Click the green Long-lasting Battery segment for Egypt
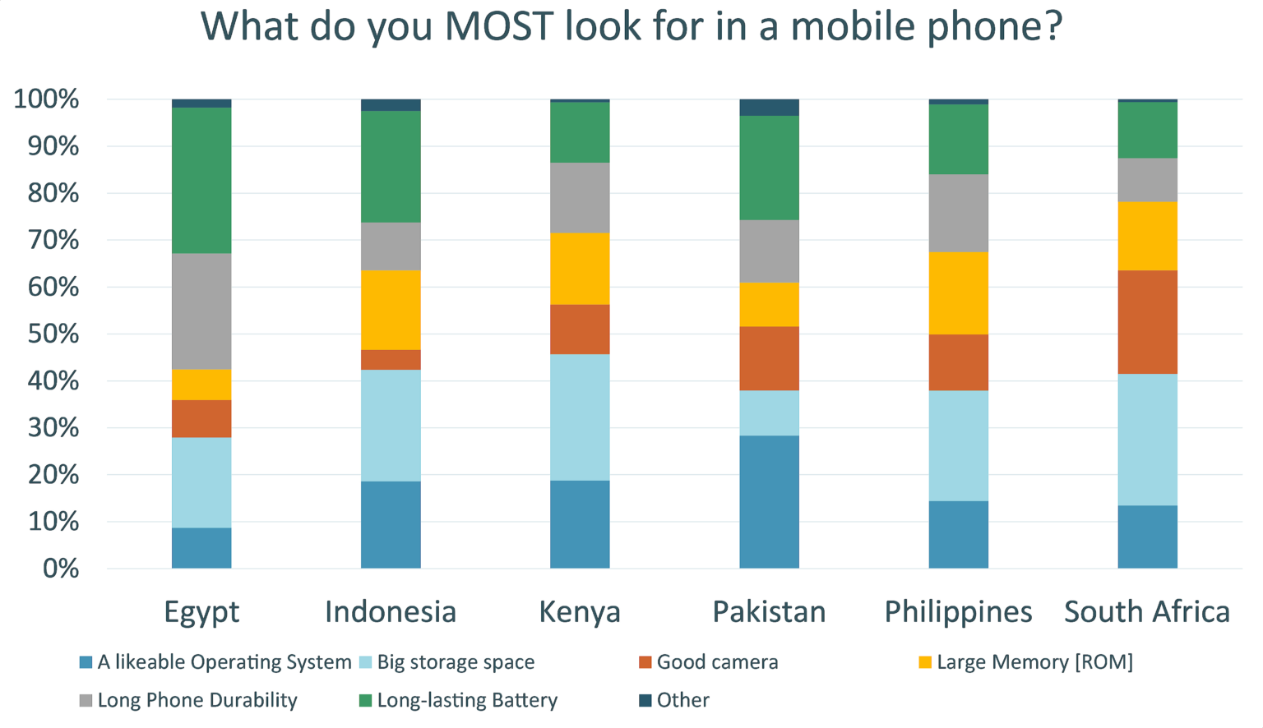tap(201, 180)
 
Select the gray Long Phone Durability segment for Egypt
tap(201, 311)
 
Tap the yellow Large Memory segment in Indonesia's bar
tap(391, 310)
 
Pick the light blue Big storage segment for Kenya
tap(580, 417)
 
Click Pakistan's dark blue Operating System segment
tap(769, 501)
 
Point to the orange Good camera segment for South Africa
tap(1147, 322)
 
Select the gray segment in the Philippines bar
tap(958, 213)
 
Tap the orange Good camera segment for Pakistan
tap(769, 358)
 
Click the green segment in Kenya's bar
tap(580, 132)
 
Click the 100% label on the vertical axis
tap(47, 99)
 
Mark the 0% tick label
tap(61, 569)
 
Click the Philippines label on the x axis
tap(958, 611)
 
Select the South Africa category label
tap(1147, 611)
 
